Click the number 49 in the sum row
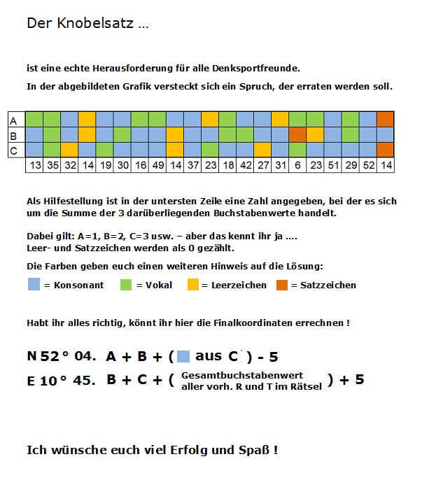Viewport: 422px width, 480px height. point(157,164)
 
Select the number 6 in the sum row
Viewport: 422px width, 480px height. point(297,164)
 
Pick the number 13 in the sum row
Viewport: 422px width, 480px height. point(34,164)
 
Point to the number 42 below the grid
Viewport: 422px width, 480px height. point(244,164)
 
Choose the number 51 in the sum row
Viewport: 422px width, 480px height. point(332,164)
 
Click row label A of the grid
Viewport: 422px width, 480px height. point(13,119)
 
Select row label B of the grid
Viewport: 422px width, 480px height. point(13,134)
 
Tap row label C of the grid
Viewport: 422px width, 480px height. point(13,150)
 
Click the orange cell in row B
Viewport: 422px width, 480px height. point(297,134)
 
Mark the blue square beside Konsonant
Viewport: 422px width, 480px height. point(34,285)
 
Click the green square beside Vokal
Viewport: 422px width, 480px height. point(126,285)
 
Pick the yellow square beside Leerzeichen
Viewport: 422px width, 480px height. point(193,285)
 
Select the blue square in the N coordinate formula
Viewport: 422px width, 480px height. point(183,356)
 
